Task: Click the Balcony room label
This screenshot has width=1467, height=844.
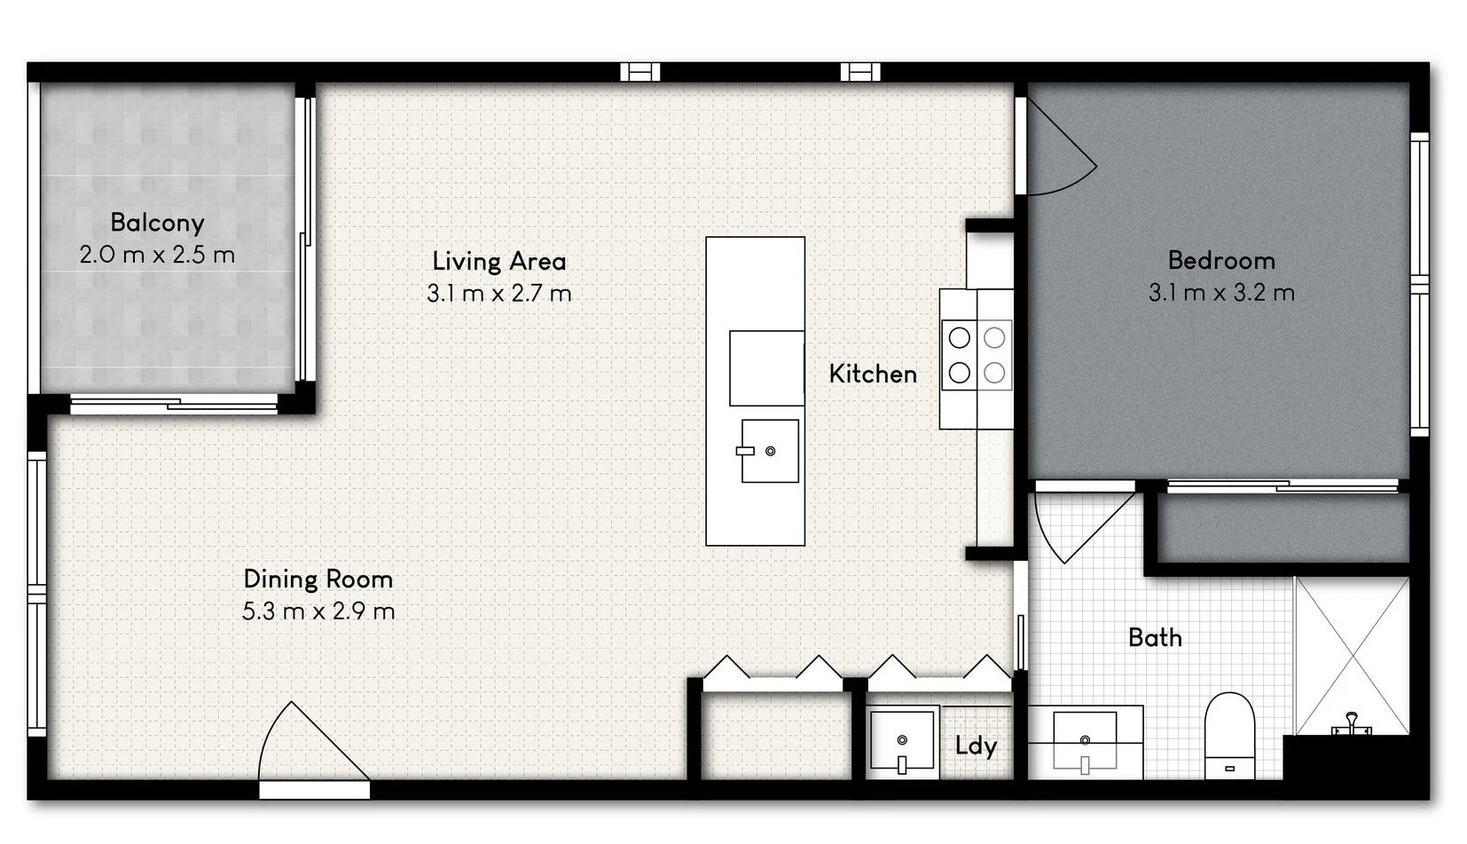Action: [x=157, y=223]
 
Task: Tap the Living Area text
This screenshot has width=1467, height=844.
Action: [x=498, y=261]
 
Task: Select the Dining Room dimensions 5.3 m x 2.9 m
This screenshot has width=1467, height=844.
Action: [x=318, y=611]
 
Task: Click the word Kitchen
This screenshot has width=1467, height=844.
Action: [x=873, y=375]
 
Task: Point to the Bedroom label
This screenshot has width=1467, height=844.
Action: [x=1221, y=261]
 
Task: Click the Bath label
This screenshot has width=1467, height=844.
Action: [x=1155, y=638]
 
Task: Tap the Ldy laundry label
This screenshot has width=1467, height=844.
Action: [x=976, y=745]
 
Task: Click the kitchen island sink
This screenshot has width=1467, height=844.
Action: [x=769, y=452]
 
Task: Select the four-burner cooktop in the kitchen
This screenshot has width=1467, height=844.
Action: [x=977, y=355]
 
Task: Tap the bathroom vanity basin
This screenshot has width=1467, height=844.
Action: [x=1085, y=738]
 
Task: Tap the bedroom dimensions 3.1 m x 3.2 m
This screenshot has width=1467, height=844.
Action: [x=1221, y=293]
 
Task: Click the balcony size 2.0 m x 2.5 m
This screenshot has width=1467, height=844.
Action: [x=157, y=256]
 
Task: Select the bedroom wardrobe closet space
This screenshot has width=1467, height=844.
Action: [x=1283, y=528]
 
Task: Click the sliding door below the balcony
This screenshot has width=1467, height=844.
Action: [x=174, y=406]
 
